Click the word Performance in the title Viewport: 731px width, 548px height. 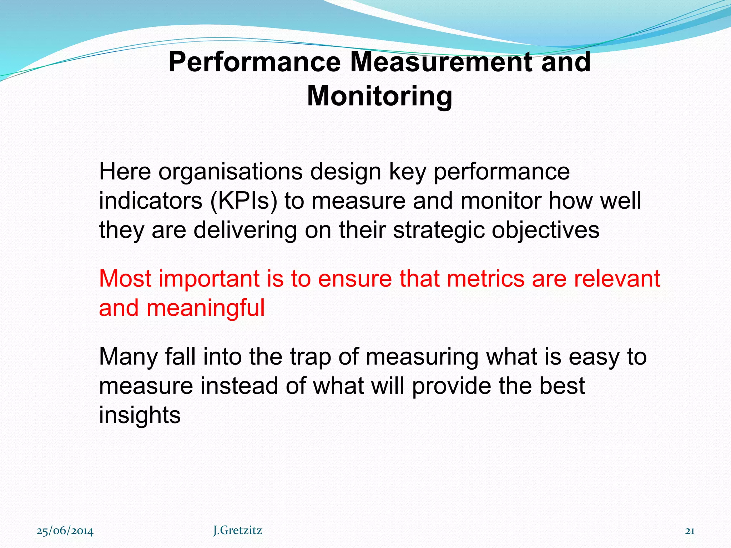[254, 62]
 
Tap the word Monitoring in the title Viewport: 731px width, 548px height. [379, 96]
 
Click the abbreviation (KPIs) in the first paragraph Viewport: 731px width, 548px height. [243, 201]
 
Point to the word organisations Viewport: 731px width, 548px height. [231, 172]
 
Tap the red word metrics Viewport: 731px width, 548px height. [485, 279]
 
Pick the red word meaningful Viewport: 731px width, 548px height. [205, 308]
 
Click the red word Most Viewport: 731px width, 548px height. [125, 279]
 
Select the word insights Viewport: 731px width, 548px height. [140, 415]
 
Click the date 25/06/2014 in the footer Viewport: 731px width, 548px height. [65, 531]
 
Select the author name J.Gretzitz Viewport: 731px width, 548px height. [237, 531]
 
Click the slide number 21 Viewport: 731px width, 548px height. [690, 531]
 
